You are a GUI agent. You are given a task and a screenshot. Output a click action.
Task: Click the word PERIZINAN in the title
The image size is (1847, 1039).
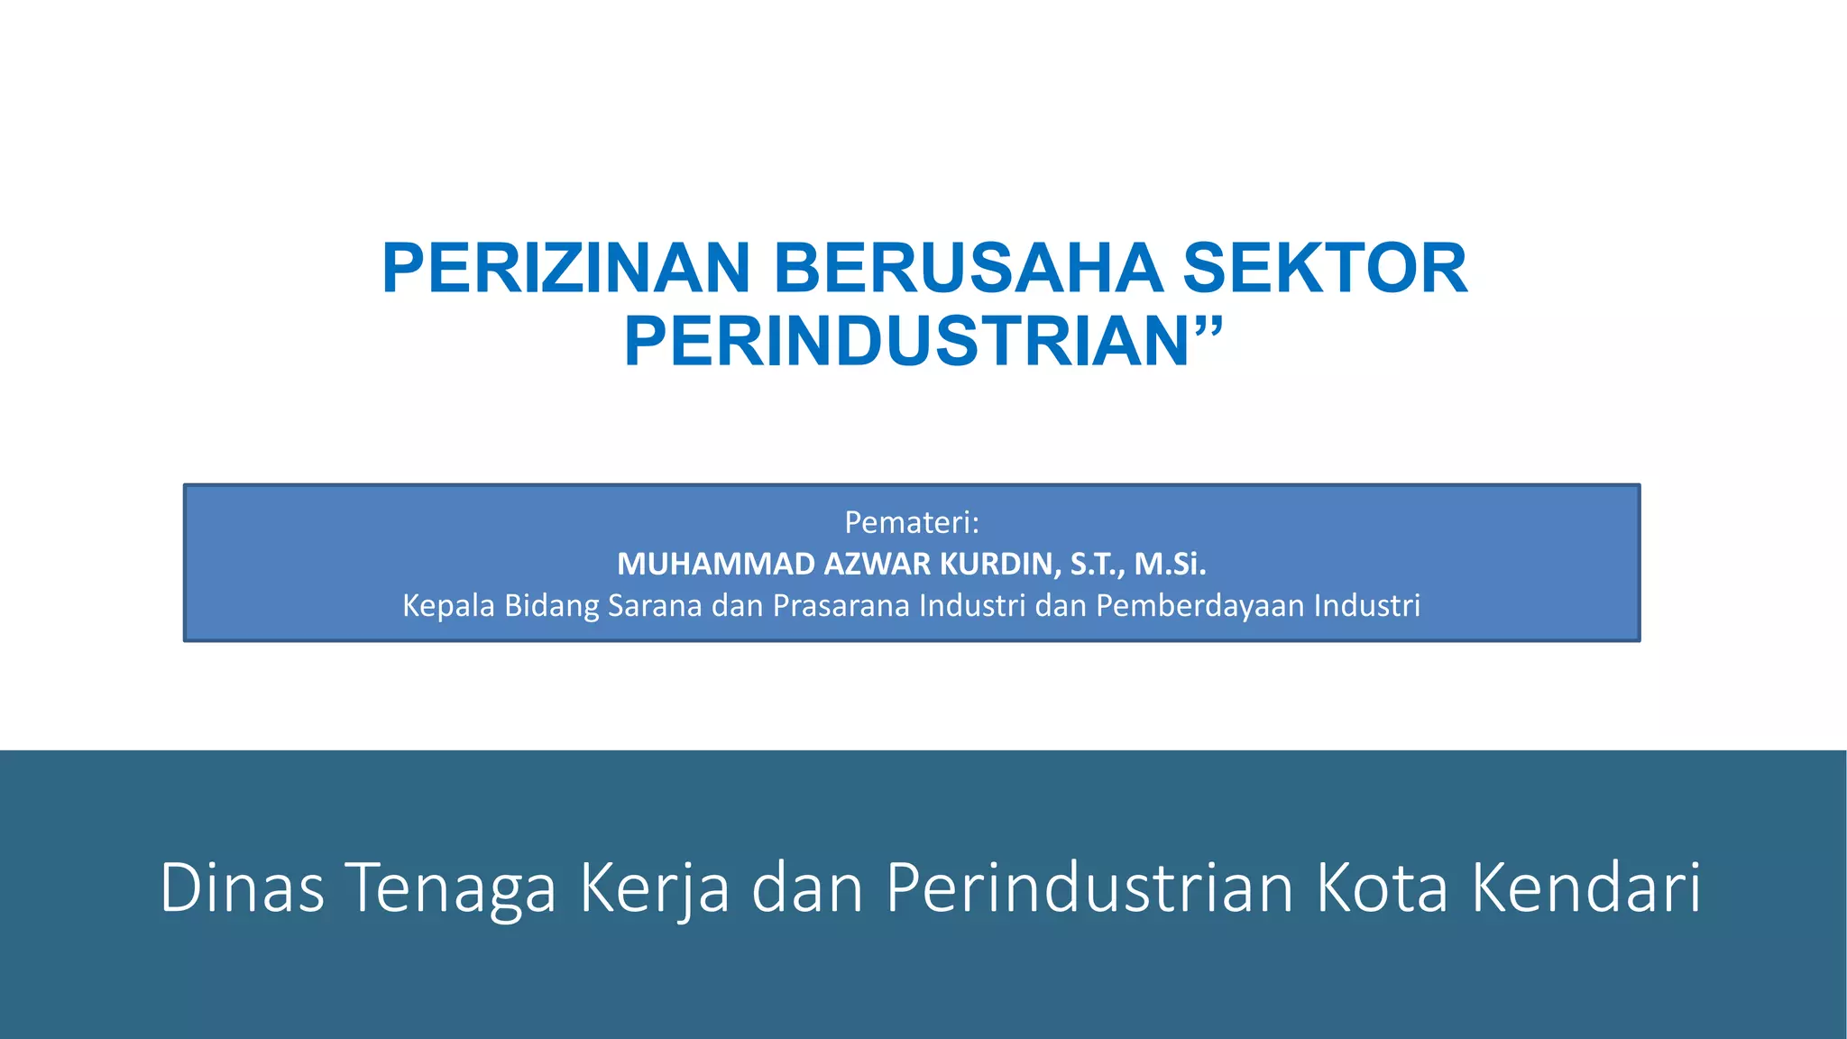click(x=565, y=269)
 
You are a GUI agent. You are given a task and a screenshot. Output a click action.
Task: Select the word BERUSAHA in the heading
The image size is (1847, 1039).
click(x=968, y=269)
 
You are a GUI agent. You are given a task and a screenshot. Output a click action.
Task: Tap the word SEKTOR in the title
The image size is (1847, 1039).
click(x=1325, y=269)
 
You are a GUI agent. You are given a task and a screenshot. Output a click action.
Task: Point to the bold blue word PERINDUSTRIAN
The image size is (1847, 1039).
click(x=906, y=343)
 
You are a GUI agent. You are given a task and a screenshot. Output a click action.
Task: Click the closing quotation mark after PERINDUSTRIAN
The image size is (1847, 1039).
click(x=1208, y=325)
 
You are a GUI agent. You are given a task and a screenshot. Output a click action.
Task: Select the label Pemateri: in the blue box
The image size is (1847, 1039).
click(x=911, y=521)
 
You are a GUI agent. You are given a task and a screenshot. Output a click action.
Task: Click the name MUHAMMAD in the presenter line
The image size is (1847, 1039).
click(x=716, y=564)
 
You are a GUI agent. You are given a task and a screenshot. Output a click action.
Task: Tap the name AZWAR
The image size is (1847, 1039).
click(x=878, y=564)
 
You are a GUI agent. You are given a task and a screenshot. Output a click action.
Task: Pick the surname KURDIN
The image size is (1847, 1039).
click(x=999, y=564)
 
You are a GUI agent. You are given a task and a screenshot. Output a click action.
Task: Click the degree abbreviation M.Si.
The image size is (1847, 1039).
click(x=1170, y=564)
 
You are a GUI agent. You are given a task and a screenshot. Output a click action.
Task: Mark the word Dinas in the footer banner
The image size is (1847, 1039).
click(x=242, y=887)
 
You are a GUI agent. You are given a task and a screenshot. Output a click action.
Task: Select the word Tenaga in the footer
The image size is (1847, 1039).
click(x=451, y=887)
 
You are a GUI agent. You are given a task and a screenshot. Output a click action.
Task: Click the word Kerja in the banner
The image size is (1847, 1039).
click(x=654, y=887)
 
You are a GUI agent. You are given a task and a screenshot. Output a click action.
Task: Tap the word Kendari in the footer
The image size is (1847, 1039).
click(x=1586, y=887)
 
